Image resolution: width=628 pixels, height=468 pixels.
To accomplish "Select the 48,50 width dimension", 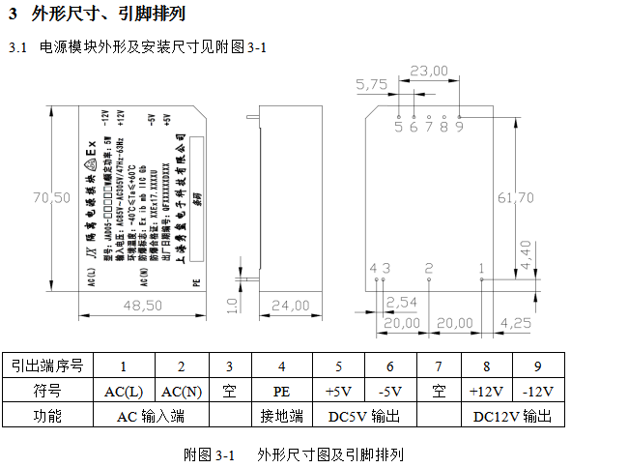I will click(142, 307).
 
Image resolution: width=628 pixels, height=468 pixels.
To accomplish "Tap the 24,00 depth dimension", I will click(287, 307).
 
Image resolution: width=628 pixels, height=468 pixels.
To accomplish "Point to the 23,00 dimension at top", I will click(429, 70).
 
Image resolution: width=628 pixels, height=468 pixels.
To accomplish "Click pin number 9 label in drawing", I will click(459, 126).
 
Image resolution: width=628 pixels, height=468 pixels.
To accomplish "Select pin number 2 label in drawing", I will click(429, 267).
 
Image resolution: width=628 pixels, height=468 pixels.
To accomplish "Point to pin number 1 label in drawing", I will click(481, 267).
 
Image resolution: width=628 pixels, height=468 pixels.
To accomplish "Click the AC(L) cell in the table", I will click(124, 392).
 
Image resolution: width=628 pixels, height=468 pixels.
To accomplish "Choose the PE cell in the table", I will click(281, 392).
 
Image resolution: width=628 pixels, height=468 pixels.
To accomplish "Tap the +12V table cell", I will click(486, 392).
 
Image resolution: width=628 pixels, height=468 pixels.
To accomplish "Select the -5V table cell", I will click(390, 392).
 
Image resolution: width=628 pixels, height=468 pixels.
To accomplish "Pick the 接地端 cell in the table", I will click(281, 417).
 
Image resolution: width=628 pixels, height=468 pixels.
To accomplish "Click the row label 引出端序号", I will click(47, 366).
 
